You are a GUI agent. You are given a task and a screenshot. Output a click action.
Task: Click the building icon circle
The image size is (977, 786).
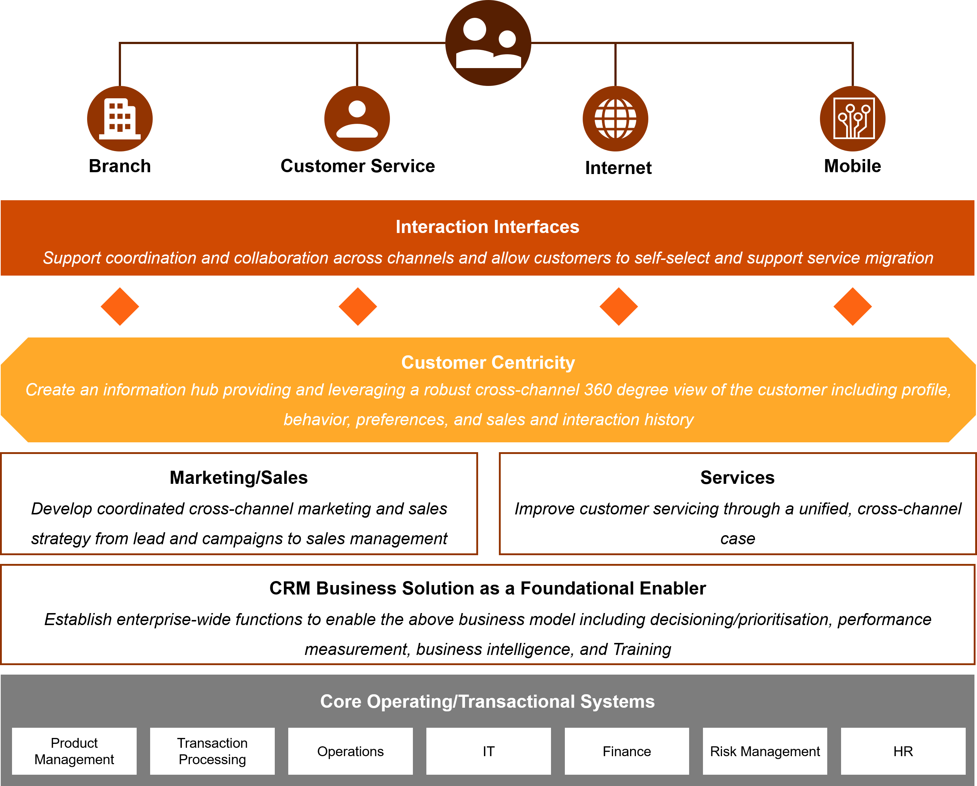120,119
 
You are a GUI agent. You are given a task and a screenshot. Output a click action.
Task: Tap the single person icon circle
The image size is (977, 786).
357,119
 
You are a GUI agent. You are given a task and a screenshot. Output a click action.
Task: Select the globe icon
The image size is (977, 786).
615,119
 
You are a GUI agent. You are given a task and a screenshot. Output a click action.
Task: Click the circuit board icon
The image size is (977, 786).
853,119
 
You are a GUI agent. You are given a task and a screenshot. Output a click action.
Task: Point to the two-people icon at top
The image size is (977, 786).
488,43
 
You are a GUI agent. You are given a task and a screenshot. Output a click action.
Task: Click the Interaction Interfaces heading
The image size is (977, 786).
487,227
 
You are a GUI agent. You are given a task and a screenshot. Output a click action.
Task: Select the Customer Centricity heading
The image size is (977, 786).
488,363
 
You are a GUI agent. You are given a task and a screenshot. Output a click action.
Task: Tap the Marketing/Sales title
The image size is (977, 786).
239,478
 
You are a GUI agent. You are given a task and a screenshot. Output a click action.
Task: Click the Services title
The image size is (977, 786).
737,478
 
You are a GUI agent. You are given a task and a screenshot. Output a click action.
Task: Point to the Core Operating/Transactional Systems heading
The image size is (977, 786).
487,701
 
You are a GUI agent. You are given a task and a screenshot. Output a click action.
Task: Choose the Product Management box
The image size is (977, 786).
74,751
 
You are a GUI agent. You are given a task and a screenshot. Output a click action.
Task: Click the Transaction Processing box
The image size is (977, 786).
212,751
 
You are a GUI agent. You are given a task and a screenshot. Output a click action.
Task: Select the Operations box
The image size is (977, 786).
350,751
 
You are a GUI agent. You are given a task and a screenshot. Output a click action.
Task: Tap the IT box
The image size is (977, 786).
488,751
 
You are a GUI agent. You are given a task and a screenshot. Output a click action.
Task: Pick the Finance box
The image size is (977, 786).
627,751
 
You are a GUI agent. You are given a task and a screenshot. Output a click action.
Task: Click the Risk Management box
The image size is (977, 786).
765,751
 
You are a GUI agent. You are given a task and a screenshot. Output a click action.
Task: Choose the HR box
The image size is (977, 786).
903,751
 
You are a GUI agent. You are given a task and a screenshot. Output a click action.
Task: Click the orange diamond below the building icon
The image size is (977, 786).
120,307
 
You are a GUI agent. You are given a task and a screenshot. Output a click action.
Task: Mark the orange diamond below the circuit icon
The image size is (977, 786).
852,307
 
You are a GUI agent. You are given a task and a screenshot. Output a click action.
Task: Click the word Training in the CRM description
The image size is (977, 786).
642,649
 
